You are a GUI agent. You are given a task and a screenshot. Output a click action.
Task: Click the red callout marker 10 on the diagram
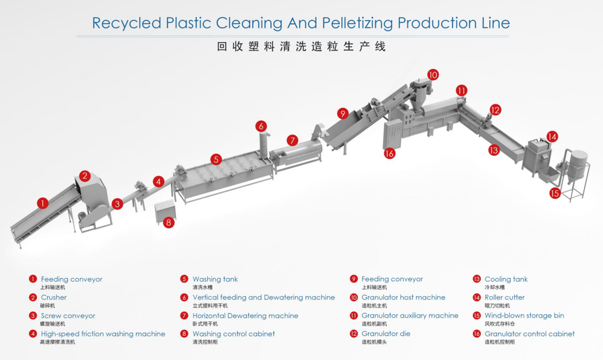(x=433, y=75)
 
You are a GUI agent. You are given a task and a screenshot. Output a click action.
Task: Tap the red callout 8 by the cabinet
(x=169, y=223)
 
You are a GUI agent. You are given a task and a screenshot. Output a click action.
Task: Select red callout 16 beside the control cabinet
(x=389, y=153)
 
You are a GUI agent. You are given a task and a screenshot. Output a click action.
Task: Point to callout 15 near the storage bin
(x=555, y=193)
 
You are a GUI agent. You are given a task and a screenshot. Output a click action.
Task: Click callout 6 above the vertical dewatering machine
(x=261, y=126)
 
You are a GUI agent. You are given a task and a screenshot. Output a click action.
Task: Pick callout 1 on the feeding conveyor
(x=42, y=203)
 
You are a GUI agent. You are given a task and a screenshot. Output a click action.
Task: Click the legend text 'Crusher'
(x=54, y=297)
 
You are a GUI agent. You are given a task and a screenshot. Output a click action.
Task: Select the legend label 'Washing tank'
(x=215, y=279)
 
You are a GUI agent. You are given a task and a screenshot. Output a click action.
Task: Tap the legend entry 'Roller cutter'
(x=505, y=297)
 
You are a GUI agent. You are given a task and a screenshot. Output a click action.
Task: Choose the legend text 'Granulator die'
(x=386, y=334)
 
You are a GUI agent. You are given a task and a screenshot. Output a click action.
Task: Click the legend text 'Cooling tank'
(x=506, y=279)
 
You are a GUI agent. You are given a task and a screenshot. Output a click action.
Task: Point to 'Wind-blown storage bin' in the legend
(x=524, y=316)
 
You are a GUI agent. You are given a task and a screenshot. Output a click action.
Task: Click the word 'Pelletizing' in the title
(x=357, y=23)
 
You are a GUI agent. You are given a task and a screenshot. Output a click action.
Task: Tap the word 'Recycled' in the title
(x=126, y=23)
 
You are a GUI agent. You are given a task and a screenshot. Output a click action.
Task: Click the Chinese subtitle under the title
(x=301, y=47)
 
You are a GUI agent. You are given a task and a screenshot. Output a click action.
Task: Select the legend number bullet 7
(x=184, y=316)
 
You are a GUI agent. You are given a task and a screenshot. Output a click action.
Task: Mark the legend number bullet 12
(x=354, y=334)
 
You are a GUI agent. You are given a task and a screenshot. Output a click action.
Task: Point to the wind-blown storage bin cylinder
(x=578, y=163)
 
